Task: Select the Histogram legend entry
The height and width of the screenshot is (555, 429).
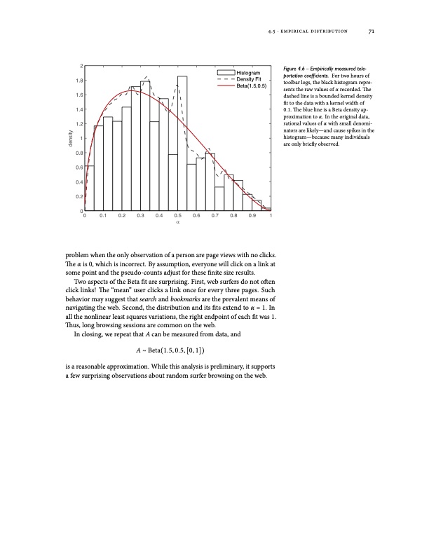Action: (249, 73)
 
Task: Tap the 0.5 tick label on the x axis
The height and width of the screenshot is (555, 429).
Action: (178, 217)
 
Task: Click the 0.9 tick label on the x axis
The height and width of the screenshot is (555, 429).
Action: (252, 217)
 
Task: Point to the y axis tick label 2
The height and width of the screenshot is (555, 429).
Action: (80, 66)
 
